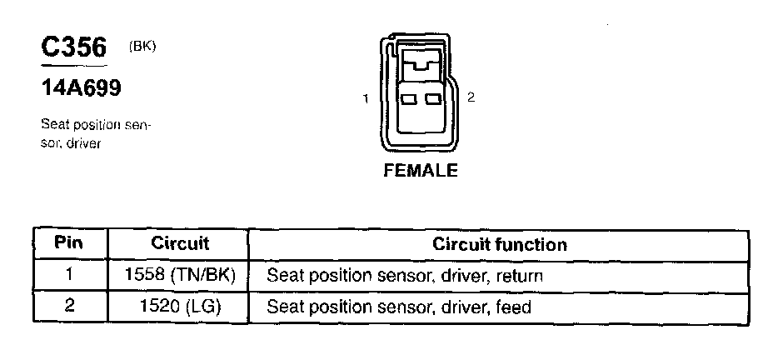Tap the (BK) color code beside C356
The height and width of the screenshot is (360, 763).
click(x=142, y=47)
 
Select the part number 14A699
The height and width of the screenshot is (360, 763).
click(x=82, y=88)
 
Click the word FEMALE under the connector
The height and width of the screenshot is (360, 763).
click(x=420, y=171)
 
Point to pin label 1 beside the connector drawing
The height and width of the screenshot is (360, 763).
click(x=366, y=99)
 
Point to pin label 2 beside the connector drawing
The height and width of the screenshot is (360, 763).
click(x=471, y=98)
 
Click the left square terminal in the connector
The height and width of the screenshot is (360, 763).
click(x=409, y=99)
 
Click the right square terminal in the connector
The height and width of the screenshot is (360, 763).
click(x=431, y=99)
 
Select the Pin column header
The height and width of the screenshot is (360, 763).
click(x=69, y=244)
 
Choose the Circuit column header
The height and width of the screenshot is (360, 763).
click(x=179, y=244)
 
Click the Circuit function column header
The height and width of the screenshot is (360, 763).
click(x=499, y=244)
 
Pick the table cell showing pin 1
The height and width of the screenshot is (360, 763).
click(x=69, y=275)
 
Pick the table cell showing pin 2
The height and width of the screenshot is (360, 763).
click(x=69, y=306)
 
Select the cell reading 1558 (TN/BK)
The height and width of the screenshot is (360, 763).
click(x=179, y=275)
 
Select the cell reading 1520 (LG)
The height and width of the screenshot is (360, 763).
click(x=179, y=306)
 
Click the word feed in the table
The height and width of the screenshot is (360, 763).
click(x=513, y=306)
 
